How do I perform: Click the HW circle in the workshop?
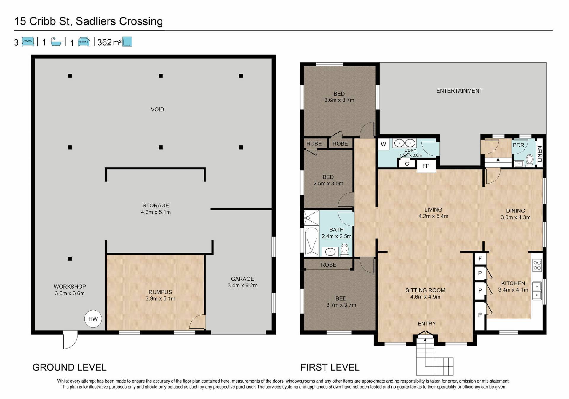(93, 319)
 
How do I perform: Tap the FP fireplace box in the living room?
(426, 166)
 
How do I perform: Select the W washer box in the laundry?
(383, 144)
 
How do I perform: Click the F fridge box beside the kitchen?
(480, 259)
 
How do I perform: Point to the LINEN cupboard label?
(540, 154)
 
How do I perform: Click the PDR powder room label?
(518, 145)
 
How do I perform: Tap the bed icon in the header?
(28, 42)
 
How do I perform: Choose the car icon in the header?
(84, 42)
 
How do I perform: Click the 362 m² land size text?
(109, 42)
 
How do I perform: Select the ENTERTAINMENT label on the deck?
(459, 91)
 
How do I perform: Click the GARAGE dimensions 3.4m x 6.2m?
(242, 285)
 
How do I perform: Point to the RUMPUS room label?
(160, 292)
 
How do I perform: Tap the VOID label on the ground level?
(157, 109)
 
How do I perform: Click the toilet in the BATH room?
(344, 250)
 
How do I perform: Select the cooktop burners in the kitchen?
(537, 265)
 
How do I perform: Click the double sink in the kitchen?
(537, 291)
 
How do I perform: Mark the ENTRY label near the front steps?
(427, 324)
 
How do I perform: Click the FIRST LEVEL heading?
(330, 367)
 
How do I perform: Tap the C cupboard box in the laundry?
(407, 163)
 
